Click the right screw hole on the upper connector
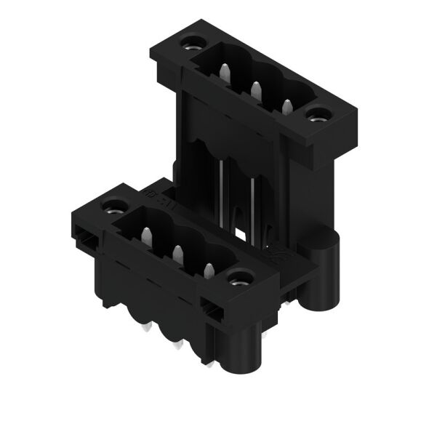point(318,113)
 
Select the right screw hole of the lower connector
point(238,277)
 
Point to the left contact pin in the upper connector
point(225,72)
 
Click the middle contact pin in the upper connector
point(256,89)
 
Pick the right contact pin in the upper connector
point(286,106)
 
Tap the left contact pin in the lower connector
point(145,236)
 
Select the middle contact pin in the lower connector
point(177,253)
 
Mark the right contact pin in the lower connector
point(208,270)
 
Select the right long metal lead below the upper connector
point(252,207)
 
